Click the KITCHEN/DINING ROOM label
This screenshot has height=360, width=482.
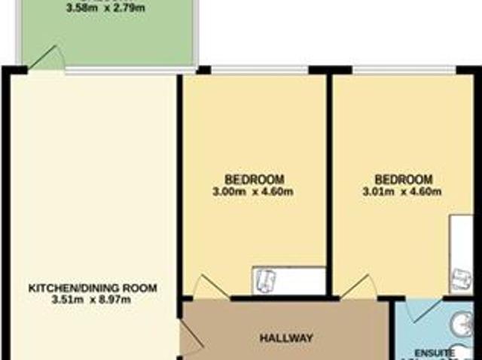93,288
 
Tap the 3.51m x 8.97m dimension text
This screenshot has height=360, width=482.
93,301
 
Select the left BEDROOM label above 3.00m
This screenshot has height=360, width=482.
255,179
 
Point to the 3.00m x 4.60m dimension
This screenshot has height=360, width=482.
255,191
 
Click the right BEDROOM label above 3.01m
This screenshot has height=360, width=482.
404,179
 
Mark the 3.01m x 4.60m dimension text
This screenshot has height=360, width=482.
404,191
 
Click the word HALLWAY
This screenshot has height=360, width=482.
286,338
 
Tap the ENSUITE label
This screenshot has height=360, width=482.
438,352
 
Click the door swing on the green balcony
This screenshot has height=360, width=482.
45,59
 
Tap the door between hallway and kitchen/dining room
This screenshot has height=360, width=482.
190,337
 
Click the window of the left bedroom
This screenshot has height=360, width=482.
259,71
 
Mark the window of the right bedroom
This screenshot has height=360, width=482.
404,71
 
